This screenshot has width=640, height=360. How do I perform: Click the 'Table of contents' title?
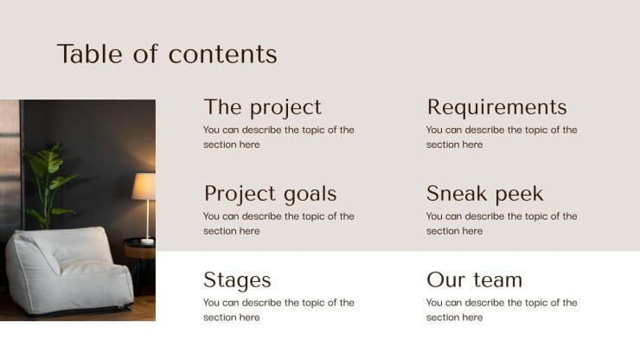coord(167,54)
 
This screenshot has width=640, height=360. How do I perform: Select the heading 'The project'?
coord(262,107)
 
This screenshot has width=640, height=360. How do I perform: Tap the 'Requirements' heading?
coord(496,107)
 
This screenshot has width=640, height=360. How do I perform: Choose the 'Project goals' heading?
coord(270,194)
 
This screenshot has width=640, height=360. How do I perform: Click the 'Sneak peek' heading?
coord(484,194)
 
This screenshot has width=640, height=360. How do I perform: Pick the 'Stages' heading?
coord(237,280)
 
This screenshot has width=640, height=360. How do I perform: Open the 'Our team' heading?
coord(474,280)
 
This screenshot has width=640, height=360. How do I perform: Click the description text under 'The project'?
coord(278,137)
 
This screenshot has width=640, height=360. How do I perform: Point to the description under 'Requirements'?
coord(502,137)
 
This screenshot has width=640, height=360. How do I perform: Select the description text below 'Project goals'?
coord(278,223)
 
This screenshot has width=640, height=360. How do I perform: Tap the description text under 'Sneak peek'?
coord(502,223)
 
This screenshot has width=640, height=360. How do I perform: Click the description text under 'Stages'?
coord(278,310)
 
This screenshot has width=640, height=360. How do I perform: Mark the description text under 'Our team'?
coord(502,310)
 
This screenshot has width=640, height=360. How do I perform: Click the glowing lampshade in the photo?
coord(144,185)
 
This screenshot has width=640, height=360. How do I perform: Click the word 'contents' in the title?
coord(223,54)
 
